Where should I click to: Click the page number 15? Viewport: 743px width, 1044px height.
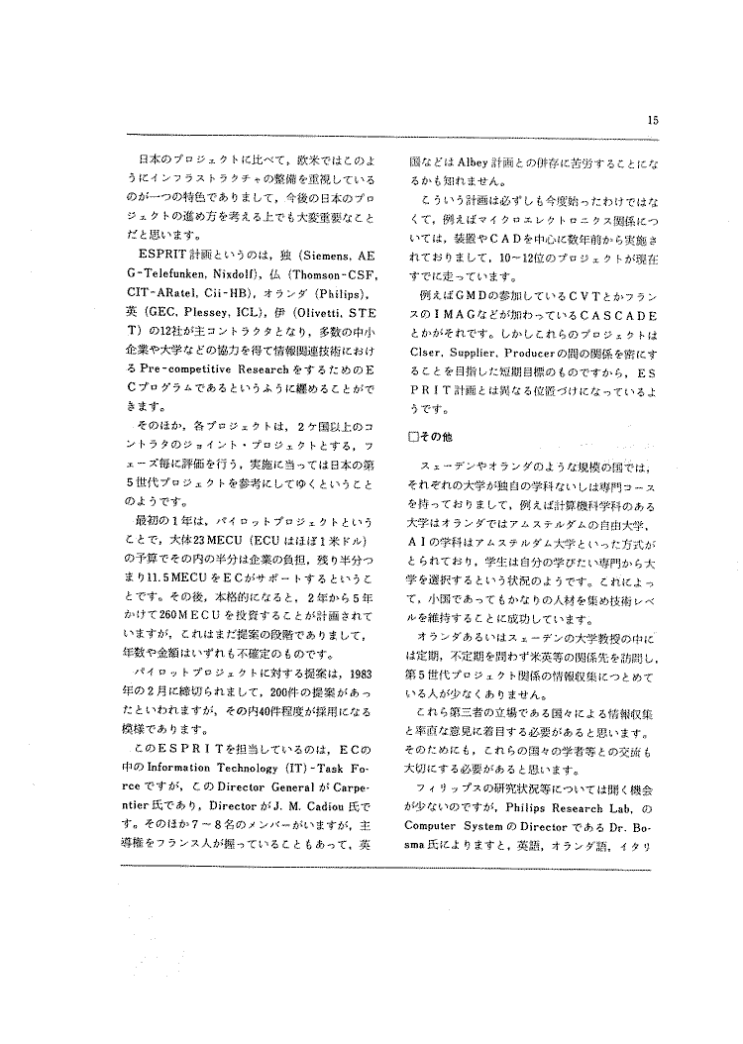point(653,121)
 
